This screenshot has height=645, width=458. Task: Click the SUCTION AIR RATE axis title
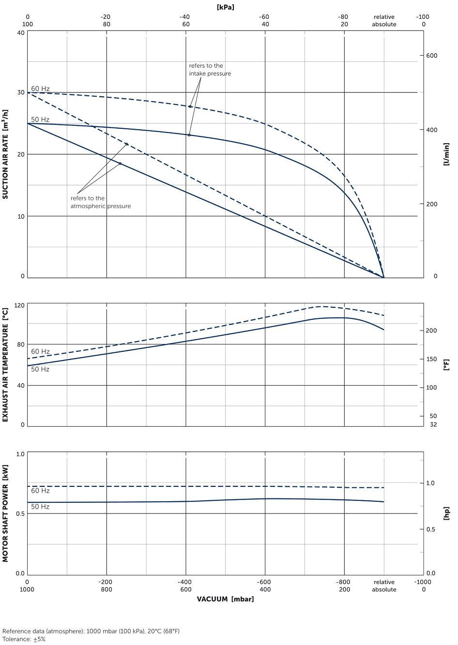(x=5, y=154)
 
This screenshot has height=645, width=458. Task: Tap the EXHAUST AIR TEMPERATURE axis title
(x=5, y=365)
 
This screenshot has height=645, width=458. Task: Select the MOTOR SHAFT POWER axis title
(x=5, y=513)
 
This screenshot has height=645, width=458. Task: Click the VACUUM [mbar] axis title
(x=225, y=599)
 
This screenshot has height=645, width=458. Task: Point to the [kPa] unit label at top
(x=226, y=7)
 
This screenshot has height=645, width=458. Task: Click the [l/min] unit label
(x=446, y=154)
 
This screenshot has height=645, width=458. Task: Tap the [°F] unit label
(x=446, y=365)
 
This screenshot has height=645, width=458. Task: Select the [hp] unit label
(x=446, y=513)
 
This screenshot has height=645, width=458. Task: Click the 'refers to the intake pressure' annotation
(x=210, y=70)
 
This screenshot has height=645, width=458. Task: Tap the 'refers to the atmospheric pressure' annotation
(x=100, y=202)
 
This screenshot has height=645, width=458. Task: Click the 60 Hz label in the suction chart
(x=40, y=89)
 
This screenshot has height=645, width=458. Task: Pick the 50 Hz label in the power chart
(x=40, y=507)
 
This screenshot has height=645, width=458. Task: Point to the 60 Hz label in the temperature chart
(x=40, y=352)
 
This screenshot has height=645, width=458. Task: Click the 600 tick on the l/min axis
(x=431, y=56)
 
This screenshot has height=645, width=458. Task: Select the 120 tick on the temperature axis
(x=19, y=306)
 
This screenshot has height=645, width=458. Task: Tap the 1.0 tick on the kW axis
(x=20, y=454)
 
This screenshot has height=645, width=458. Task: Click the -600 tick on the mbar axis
(x=264, y=582)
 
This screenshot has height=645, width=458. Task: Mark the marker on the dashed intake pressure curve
(x=190, y=106)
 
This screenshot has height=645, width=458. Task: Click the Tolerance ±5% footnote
(x=24, y=639)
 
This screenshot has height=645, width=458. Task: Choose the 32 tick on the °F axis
(x=433, y=424)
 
